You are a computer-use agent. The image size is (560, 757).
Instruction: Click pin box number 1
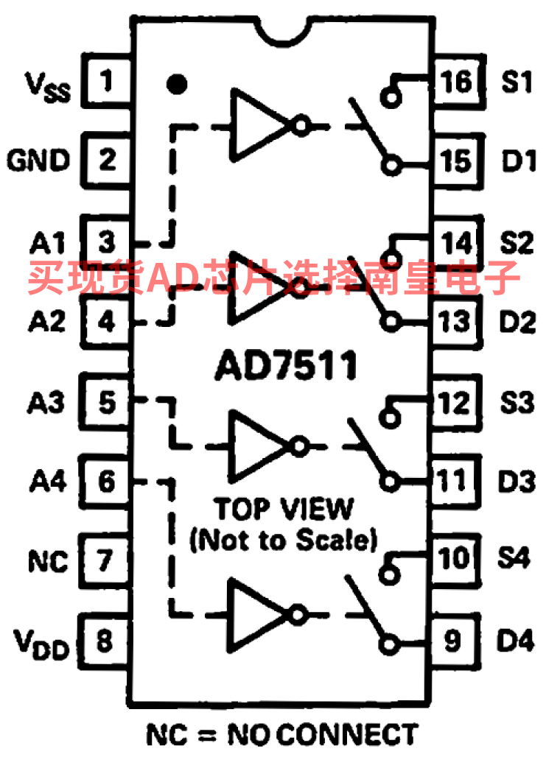tap(107, 80)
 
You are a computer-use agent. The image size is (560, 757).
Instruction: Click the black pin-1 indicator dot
tap(175, 84)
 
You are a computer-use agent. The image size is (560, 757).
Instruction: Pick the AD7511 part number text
tap(286, 366)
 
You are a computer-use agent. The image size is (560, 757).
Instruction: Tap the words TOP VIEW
tap(284, 508)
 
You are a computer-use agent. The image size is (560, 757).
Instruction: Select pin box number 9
tap(452, 641)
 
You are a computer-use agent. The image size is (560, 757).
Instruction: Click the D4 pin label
tap(515, 641)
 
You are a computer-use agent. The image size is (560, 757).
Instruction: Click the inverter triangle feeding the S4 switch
tap(258, 613)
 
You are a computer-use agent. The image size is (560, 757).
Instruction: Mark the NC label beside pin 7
tap(48, 562)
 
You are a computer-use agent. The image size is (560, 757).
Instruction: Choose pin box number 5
tap(107, 402)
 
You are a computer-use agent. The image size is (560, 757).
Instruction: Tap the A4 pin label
tap(48, 482)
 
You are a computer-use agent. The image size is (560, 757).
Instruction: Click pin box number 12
tap(452, 402)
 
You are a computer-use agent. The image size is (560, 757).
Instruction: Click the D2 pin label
tap(515, 322)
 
